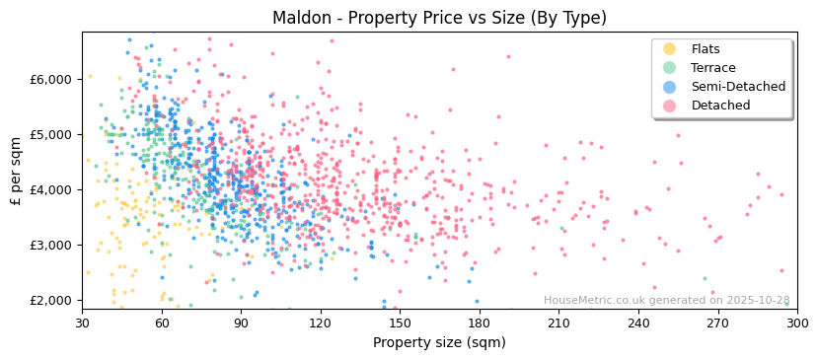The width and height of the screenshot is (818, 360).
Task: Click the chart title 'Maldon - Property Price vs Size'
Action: pyautogui.click(x=439, y=18)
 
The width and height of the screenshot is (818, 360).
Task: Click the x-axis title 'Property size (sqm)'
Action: pyautogui.click(x=439, y=342)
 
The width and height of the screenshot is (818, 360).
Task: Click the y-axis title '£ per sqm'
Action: pyautogui.click(x=16, y=171)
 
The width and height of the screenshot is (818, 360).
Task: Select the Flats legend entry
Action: pyautogui.click(x=705, y=49)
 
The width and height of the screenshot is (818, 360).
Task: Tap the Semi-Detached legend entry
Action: pyautogui.click(x=738, y=87)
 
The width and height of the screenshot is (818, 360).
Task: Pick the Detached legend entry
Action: pyautogui.click(x=718, y=106)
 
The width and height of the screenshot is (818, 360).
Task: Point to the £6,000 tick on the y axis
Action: pyautogui.click(x=51, y=79)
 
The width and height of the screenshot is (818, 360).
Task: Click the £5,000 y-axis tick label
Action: pyautogui.click(x=51, y=134)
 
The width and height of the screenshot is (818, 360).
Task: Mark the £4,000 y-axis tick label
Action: pyautogui.click(x=51, y=189)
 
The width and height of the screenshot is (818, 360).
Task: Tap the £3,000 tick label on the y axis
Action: pyautogui.click(x=51, y=245)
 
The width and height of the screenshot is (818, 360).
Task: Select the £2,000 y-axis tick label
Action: pyautogui.click(x=51, y=300)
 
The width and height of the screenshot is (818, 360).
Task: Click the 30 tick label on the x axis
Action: pyautogui.click(x=82, y=323)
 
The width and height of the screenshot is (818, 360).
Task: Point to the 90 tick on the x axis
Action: pyautogui.click(x=241, y=323)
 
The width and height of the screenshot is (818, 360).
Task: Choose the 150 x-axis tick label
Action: pyautogui.click(x=400, y=323)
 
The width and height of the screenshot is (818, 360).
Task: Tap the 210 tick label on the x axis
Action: pyautogui.click(x=558, y=323)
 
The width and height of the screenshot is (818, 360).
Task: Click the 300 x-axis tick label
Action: pyautogui.click(x=796, y=323)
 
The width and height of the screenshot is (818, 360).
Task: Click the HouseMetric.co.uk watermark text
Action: pyautogui.click(x=666, y=301)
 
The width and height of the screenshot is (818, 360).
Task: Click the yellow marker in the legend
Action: pyautogui.click(x=669, y=49)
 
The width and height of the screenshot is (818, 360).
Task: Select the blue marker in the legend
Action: pyautogui.click(x=669, y=87)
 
